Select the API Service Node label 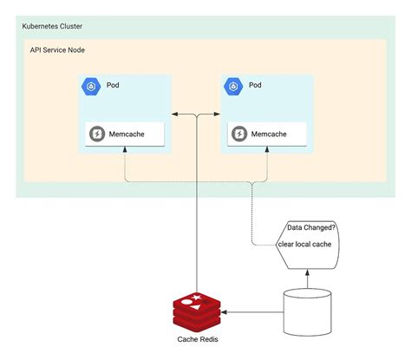57,50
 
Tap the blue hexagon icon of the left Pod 91,85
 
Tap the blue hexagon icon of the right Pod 232,85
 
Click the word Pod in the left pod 114,85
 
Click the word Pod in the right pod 255,85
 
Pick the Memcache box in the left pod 125,134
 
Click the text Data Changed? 310,228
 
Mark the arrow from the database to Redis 251,311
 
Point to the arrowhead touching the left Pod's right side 176,114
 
